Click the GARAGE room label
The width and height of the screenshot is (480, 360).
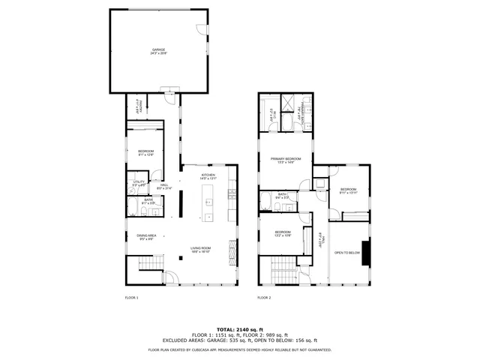point(158,51)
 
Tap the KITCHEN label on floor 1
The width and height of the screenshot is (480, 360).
point(208,176)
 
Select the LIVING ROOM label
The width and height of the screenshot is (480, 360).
point(200,249)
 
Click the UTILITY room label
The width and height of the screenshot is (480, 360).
point(139,183)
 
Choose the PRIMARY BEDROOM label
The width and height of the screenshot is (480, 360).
point(286,160)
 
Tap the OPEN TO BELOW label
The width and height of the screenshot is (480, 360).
point(347,253)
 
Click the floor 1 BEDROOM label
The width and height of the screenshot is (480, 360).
point(145,153)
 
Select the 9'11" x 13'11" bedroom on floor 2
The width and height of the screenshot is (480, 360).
point(349,190)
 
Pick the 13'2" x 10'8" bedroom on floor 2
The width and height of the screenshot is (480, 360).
point(282,233)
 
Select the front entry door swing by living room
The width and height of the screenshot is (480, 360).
point(170,278)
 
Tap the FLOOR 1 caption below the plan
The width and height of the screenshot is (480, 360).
point(131,298)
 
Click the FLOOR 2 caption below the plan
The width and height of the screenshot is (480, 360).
point(264,298)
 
